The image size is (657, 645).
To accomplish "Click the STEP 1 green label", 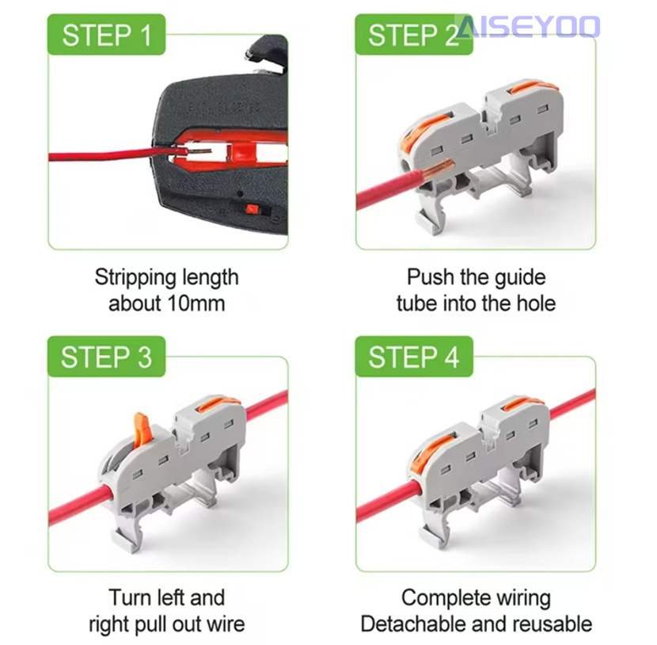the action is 106,34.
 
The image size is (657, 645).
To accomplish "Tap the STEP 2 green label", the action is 414,34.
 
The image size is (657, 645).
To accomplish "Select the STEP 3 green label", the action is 106,357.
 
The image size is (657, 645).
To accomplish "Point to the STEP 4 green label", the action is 414,357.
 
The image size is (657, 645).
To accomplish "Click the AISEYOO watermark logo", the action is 528,26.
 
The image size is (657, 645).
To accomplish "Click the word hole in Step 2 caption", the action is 537,303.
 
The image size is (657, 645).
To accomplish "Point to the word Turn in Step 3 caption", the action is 129,597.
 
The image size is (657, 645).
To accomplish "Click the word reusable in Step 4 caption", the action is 553,624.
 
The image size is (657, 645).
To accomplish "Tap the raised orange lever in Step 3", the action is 142,429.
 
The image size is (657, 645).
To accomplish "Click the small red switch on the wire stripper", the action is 252,209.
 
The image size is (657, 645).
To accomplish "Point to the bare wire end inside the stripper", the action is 197,151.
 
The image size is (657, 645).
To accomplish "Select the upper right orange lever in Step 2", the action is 534,87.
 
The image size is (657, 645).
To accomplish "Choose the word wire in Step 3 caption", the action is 226,624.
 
